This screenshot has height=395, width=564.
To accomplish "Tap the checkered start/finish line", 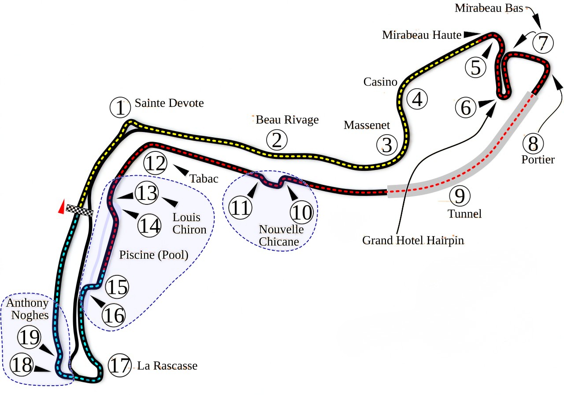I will pyautogui.click(x=79, y=210).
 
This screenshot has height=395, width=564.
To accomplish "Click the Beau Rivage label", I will pyautogui.click(x=287, y=120).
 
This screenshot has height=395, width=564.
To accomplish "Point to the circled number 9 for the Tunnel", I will pyautogui.click(x=460, y=196).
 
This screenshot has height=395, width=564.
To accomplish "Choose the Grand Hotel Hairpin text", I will pyautogui.click(x=413, y=241).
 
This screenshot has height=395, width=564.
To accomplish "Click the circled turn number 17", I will pyautogui.click(x=120, y=365).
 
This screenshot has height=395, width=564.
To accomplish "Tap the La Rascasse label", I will pyautogui.click(x=167, y=366).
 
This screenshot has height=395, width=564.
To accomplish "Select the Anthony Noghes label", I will pyautogui.click(x=27, y=309).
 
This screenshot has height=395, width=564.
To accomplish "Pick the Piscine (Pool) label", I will pyautogui.click(x=154, y=255).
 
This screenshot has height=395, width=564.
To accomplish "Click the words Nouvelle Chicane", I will pyautogui.click(x=281, y=235).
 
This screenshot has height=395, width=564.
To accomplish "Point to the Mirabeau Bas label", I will pyautogui.click(x=488, y=8).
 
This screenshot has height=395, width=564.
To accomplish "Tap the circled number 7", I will pyautogui.click(x=543, y=43).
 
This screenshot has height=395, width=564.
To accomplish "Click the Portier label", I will pyautogui.click(x=538, y=159).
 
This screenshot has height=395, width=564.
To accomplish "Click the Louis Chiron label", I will pyautogui.click(x=189, y=223).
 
